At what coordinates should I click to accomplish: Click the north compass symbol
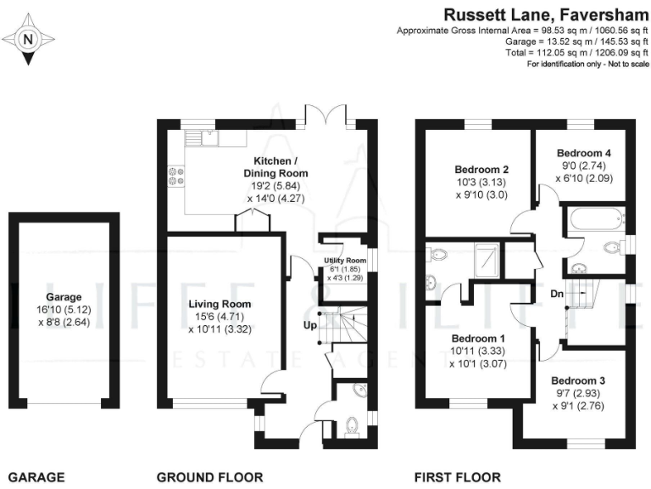click(29, 39)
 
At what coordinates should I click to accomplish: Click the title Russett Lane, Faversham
click(544, 14)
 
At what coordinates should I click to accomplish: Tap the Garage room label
click(64, 297)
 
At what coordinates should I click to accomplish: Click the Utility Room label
click(344, 261)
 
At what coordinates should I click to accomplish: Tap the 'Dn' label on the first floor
click(556, 294)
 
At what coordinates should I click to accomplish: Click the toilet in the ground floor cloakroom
click(352, 424)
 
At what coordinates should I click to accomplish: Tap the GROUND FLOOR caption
click(210, 477)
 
